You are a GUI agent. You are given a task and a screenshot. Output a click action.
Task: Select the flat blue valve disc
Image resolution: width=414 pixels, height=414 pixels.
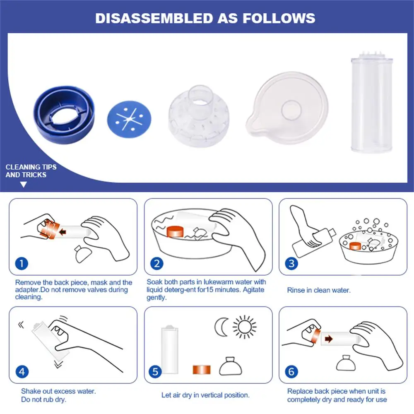point(129,119)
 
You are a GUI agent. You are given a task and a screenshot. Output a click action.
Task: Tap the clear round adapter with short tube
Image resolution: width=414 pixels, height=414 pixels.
point(199,116)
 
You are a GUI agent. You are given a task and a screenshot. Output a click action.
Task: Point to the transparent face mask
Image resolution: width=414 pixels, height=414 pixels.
point(288,108)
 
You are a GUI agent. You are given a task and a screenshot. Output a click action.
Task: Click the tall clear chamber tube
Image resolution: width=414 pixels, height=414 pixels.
point(372,102)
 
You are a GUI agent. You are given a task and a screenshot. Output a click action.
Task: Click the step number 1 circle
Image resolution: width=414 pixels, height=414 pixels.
point(22,263)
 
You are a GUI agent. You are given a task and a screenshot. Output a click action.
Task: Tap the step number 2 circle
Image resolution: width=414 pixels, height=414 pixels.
point(157,263)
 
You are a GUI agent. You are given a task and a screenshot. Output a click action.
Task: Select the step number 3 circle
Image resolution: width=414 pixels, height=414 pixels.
point(291,263)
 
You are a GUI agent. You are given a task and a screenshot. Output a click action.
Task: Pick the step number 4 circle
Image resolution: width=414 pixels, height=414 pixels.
point(22,372)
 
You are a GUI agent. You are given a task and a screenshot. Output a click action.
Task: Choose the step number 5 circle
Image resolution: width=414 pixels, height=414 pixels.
point(155,372)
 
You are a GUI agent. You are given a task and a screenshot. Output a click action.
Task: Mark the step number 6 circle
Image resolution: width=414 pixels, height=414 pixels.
point(291,372)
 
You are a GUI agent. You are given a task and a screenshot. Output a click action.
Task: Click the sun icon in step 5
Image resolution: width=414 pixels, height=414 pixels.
point(245,327)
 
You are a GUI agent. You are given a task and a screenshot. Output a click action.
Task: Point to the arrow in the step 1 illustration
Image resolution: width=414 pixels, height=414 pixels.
point(63,232)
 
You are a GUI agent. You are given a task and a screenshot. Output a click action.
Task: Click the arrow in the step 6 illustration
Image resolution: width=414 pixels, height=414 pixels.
point(329,339)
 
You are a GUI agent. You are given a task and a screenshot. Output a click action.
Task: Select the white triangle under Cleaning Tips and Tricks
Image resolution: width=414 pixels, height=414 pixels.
point(24,185)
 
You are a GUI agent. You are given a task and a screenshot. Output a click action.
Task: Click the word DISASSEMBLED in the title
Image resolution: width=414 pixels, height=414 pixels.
point(154,18)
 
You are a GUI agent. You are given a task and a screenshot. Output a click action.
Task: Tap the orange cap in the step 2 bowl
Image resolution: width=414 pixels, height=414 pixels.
point(175,231)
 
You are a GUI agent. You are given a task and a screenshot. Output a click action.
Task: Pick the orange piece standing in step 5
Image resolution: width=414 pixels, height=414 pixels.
point(202,370)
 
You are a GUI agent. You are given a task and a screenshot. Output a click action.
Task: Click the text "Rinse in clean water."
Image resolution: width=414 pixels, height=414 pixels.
point(319,290)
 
